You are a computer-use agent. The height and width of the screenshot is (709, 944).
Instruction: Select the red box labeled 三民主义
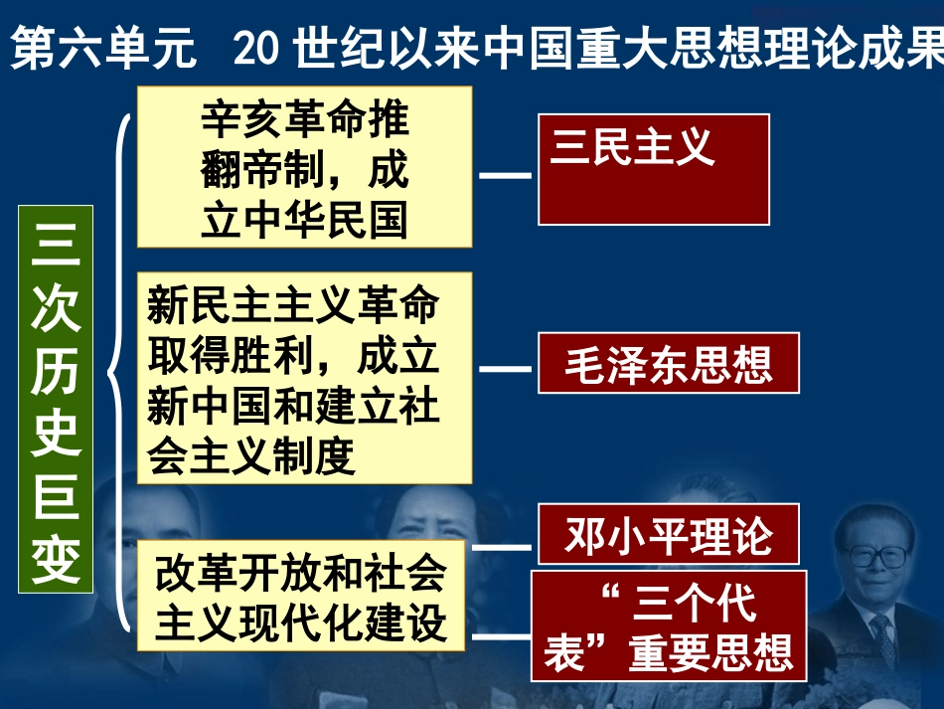coord(654,169)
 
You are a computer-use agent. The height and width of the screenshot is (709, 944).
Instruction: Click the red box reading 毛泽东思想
coord(669,363)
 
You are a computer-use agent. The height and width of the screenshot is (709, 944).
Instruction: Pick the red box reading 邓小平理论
coord(669,535)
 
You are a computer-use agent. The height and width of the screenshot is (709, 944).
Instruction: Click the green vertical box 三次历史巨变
coord(56,400)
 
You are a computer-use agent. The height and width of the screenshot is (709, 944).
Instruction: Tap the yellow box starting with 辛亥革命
coord(304,167)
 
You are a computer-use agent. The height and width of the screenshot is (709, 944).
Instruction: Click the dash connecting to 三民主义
coord(505,176)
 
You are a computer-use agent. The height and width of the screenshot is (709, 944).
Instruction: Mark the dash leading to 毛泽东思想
coord(505,368)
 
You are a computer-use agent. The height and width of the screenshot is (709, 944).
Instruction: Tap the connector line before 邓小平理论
coord(502,547)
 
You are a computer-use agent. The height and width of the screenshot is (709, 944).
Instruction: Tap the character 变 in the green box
coord(56,561)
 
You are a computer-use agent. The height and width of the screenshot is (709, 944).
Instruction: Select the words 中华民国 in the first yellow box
coord(328,221)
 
